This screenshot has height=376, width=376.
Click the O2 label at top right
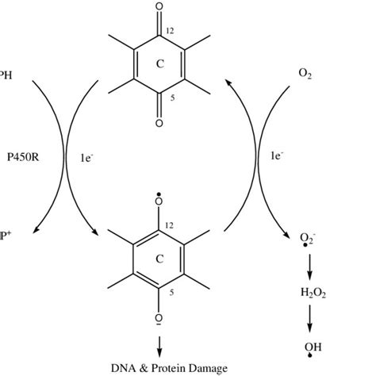click(305, 74)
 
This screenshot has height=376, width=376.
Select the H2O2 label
click(313, 292)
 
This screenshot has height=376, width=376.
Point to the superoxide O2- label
click(306, 239)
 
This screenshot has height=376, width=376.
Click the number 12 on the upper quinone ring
click(171, 31)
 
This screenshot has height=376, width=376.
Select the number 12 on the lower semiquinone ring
click(171, 227)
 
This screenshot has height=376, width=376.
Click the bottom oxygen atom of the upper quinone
click(159, 123)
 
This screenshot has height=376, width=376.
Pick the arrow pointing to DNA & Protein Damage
click(159, 346)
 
